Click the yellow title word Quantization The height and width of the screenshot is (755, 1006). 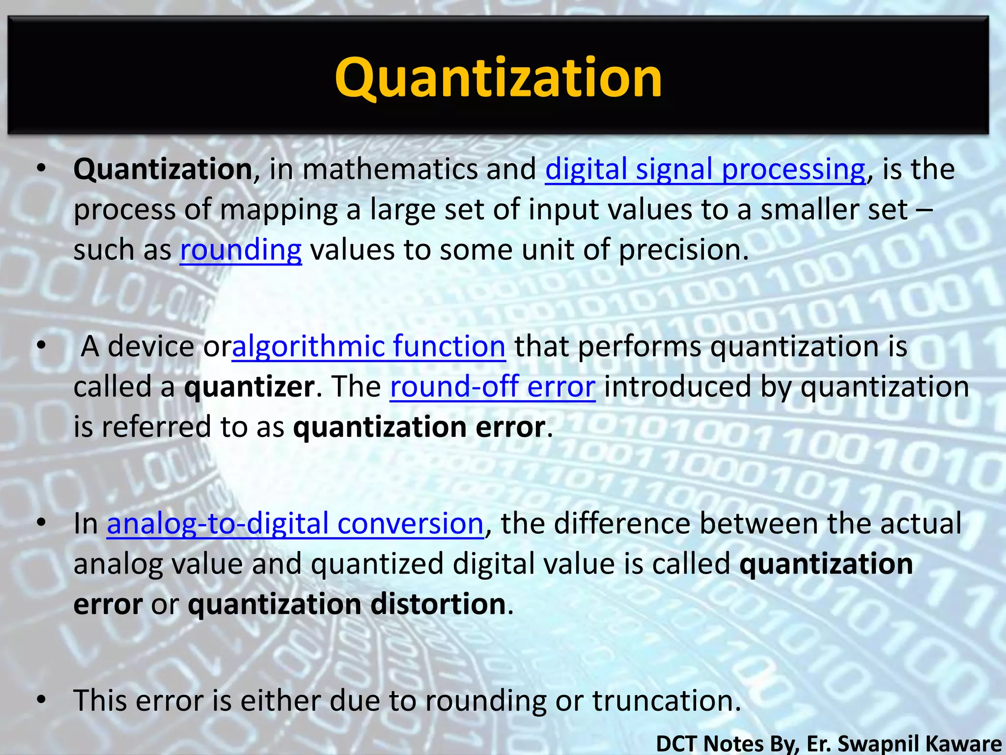(498, 78)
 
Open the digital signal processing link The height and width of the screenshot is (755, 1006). (705, 169)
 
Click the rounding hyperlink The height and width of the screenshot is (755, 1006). (241, 250)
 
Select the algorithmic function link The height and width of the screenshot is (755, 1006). (368, 346)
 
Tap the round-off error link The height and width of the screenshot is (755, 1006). (493, 386)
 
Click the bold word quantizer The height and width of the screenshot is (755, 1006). (249, 387)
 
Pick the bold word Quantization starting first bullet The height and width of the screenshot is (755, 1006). (163, 169)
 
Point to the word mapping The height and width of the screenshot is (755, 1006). (278, 210)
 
